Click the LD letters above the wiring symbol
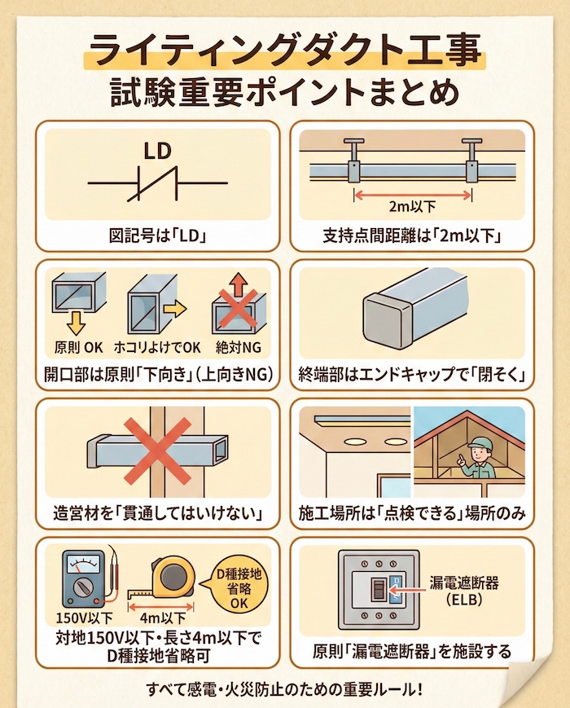(x=157, y=151)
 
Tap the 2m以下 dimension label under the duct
(x=412, y=206)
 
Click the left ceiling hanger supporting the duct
(x=353, y=161)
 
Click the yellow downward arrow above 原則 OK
(x=76, y=323)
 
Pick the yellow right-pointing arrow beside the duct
(x=174, y=310)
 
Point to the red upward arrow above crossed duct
(x=239, y=285)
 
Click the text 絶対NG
(x=239, y=347)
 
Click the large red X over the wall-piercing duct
(x=157, y=451)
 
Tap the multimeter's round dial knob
(x=83, y=587)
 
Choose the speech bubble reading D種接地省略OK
(x=238, y=588)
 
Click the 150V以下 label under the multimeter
(x=85, y=618)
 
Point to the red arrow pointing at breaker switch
(x=406, y=590)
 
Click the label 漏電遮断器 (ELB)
(x=464, y=591)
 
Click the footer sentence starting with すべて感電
(x=284, y=689)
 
